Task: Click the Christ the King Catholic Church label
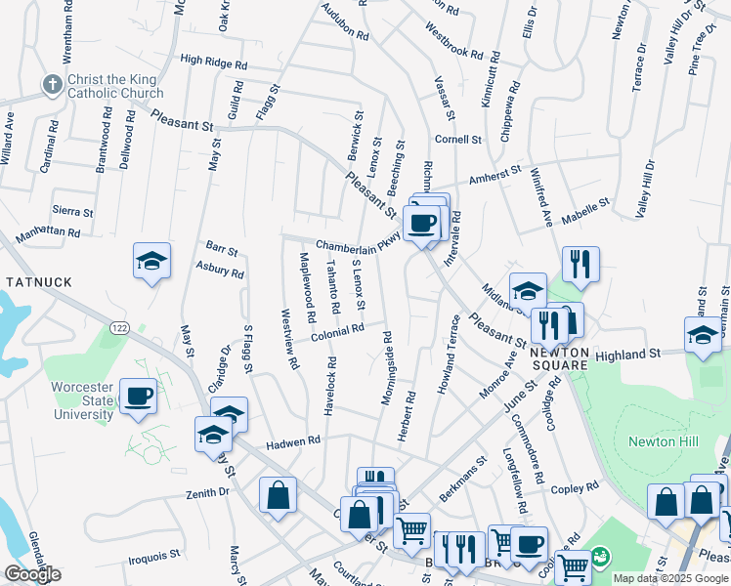tap(114, 85)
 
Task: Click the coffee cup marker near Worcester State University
tap(138, 397)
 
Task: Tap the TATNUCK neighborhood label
tap(39, 282)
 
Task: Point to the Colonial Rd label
tap(337, 333)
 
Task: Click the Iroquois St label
tap(155, 558)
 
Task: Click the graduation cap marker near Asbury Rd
tap(151, 261)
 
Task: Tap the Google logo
tap(32, 574)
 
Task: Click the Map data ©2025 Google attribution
tap(669, 578)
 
